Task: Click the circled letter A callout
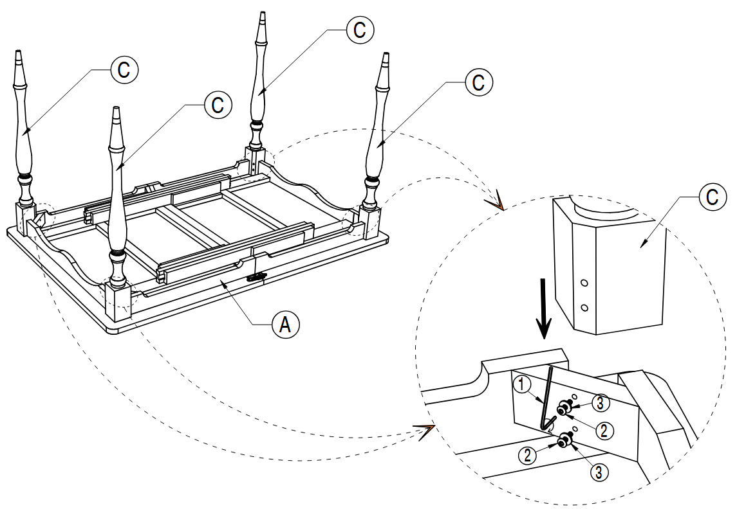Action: coord(285,325)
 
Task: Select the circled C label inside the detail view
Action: coord(712,197)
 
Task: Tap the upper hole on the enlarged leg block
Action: coord(584,283)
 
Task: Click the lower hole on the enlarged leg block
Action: coord(584,308)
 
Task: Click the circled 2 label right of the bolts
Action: coord(603,430)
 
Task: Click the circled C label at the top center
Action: coord(359,29)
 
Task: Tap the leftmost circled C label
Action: coord(124,70)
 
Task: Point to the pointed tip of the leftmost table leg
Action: coord(18,53)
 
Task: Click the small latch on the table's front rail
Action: coord(256,277)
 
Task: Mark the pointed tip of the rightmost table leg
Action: coord(387,57)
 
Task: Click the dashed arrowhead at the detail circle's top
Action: coord(496,204)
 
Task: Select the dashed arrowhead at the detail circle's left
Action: coord(425,431)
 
